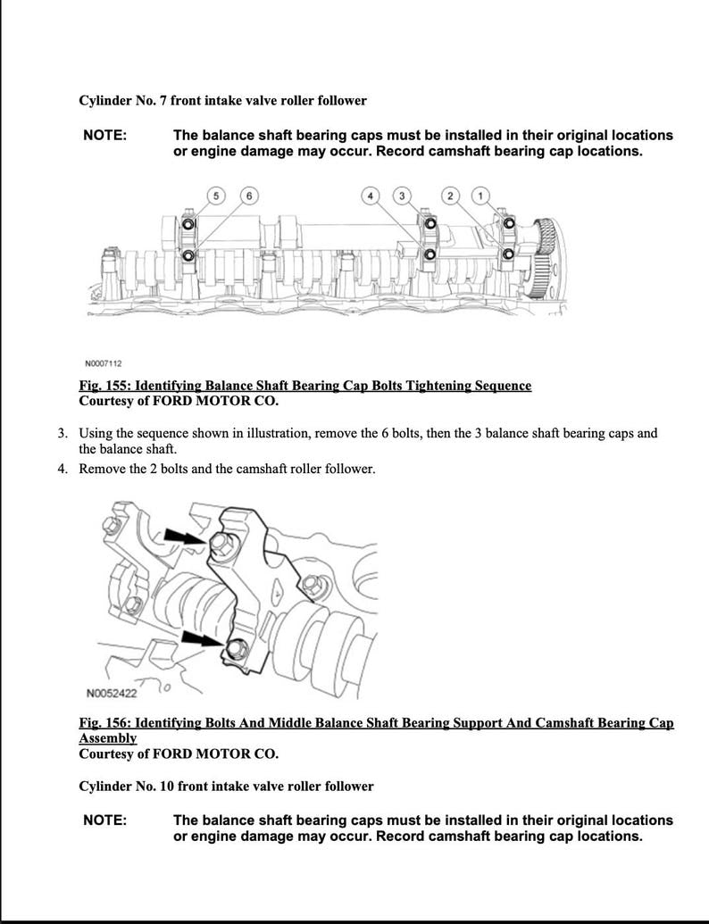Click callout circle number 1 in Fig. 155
481,196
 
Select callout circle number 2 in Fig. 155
451,196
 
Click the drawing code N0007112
104,363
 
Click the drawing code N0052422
111,693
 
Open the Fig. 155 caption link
304,386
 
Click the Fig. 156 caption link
375,722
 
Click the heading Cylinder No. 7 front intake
222,101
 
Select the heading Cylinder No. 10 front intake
226,787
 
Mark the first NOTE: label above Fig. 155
104,136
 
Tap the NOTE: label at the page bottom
104,820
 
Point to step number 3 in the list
63,434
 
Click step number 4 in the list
63,469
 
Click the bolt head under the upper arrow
221,545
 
